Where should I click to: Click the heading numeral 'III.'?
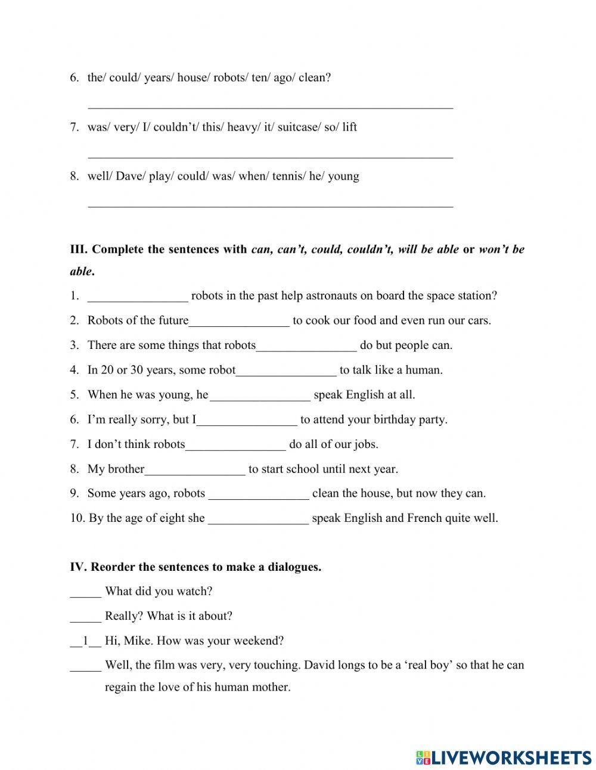pos(79,249)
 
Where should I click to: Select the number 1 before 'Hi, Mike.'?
pos(86,641)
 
